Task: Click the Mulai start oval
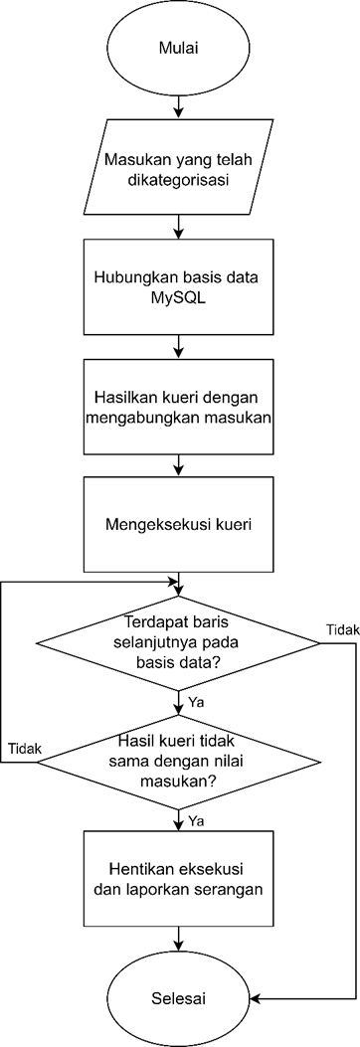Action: pyautogui.click(x=178, y=47)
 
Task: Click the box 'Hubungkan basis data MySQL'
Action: pyautogui.click(x=178, y=287)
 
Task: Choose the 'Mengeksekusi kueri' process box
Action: pyautogui.click(x=178, y=523)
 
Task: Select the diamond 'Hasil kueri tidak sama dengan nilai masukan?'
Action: pyautogui.click(x=178, y=763)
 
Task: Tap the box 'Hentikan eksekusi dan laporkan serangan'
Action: pyautogui.click(x=178, y=878)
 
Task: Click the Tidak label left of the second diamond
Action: pyautogui.click(x=23, y=748)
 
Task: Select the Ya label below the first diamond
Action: pyautogui.click(x=197, y=702)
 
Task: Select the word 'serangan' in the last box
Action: pyautogui.click(x=230, y=890)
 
